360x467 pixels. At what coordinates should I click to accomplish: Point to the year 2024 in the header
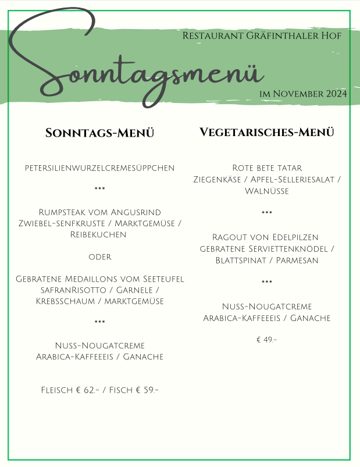336,93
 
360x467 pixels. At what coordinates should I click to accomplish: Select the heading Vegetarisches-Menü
267,132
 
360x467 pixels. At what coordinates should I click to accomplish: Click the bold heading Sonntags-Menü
99,133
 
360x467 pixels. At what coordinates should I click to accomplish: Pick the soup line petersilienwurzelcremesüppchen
99,168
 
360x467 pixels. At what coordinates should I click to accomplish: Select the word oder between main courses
99,256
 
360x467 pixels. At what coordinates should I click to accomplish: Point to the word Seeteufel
162,279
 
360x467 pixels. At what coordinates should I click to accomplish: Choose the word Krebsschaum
61,301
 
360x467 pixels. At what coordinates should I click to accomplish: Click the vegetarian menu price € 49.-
266,340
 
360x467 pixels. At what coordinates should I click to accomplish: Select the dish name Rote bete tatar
267,168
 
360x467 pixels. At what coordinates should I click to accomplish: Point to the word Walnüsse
267,191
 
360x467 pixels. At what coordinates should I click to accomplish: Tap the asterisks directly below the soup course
99,190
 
